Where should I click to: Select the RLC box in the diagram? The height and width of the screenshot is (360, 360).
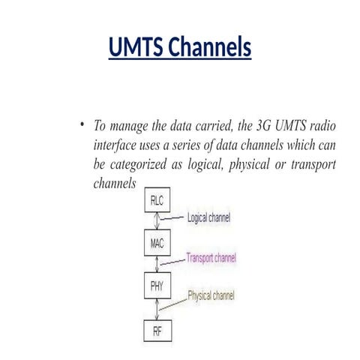coord(157,201)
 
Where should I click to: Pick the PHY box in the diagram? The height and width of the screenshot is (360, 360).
coord(157,286)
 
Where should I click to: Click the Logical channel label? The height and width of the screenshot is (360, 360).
coord(208,218)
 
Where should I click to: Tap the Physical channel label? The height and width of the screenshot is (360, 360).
coord(211,296)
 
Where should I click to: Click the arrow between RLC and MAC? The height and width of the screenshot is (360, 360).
coord(157,222)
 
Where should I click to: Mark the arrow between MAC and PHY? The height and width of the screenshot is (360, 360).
coord(157,265)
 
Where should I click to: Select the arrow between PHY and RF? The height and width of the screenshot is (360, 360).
coord(157,307)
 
